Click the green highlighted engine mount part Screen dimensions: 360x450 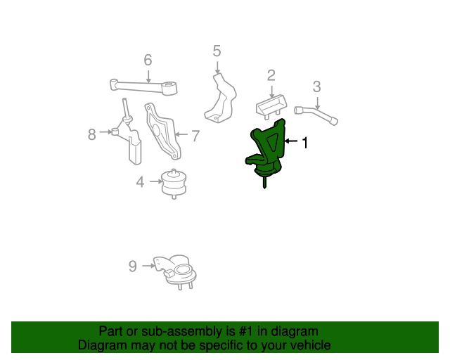pyautogui.click(x=267, y=151)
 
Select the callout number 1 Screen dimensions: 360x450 pyautogui.click(x=305, y=143)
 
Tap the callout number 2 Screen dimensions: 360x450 pyautogui.click(x=271, y=75)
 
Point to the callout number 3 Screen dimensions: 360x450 pyautogui.click(x=316, y=86)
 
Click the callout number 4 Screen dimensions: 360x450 pyautogui.click(x=141, y=183)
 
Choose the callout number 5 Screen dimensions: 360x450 pyautogui.click(x=217, y=51)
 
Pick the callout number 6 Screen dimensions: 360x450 pyautogui.click(x=148, y=60)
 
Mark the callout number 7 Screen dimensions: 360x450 pyautogui.click(x=195, y=135)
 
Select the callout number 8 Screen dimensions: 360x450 pyautogui.click(x=92, y=134)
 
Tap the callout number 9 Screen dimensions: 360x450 pyautogui.click(x=132, y=266)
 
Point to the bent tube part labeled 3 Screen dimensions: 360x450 pyautogui.click(x=317, y=114)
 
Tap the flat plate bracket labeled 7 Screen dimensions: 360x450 pyautogui.click(x=161, y=130)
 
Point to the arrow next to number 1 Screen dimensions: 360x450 pyautogui.click(x=291, y=143)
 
